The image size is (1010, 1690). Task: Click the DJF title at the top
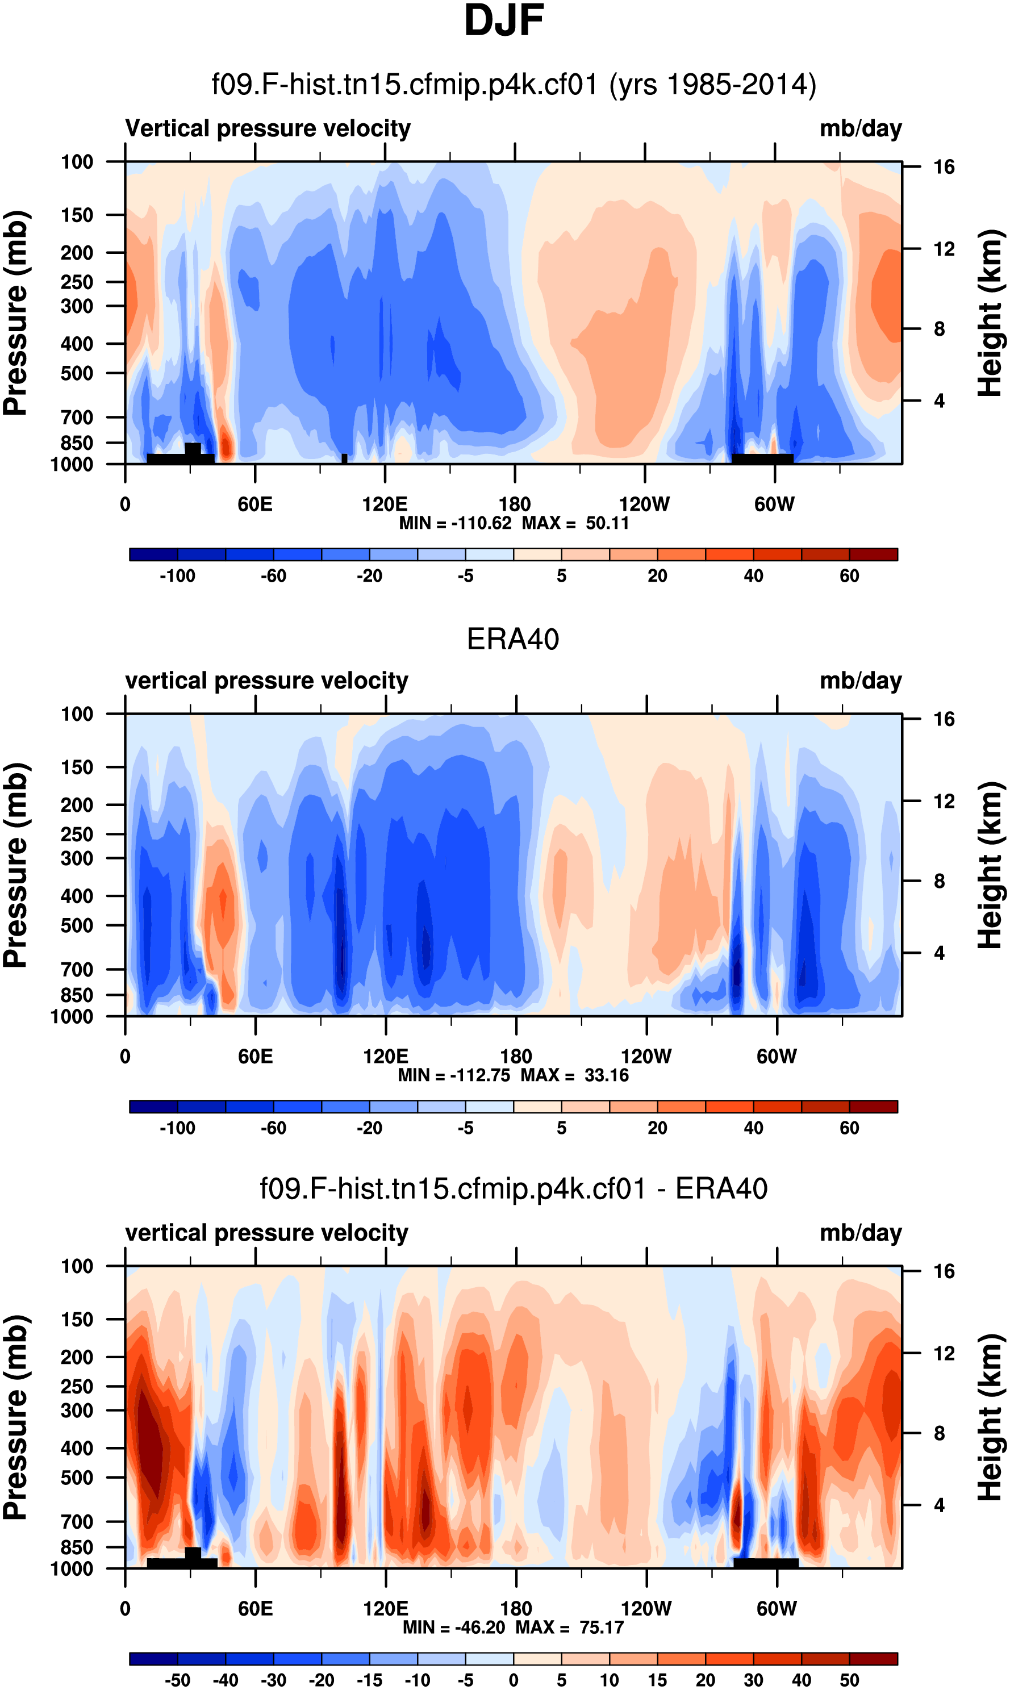tap(504, 20)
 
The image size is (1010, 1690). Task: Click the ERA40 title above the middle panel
tap(512, 639)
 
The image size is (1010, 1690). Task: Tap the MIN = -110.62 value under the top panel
tap(454, 523)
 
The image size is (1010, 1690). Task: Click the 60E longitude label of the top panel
tap(255, 504)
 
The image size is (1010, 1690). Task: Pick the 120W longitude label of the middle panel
tap(646, 1057)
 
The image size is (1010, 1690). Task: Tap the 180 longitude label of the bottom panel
tap(516, 1608)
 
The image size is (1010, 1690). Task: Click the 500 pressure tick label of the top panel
tap(77, 374)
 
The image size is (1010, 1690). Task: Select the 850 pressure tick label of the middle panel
tap(77, 995)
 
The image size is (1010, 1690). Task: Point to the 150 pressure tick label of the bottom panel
tap(77, 1319)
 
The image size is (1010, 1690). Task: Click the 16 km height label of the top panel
tap(944, 167)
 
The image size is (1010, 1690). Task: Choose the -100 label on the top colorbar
tap(178, 576)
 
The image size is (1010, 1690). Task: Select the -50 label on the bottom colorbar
tap(178, 1680)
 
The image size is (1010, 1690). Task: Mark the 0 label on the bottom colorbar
tap(513, 1680)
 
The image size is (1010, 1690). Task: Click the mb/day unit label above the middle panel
tap(860, 681)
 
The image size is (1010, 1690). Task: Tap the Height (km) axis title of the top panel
tap(990, 313)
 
